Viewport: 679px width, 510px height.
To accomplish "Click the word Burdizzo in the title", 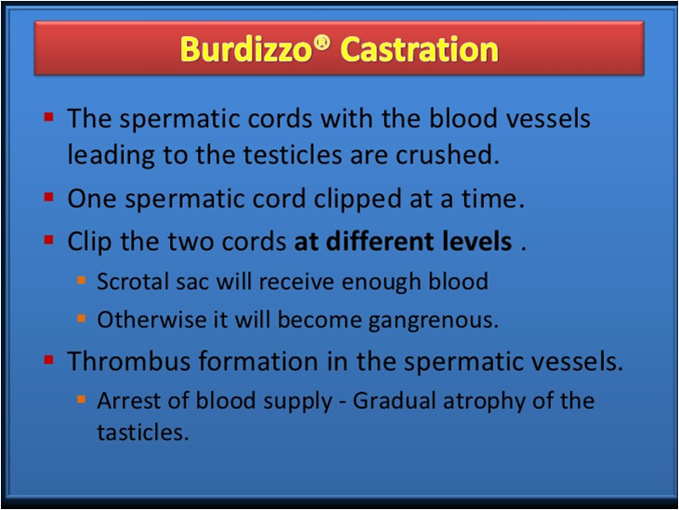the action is point(245,49).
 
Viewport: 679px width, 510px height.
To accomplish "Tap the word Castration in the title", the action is point(420,49).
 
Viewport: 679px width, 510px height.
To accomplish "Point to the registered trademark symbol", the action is point(321,43).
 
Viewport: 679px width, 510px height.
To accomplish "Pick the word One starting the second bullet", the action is point(92,199).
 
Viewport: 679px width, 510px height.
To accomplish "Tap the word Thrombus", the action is point(128,360).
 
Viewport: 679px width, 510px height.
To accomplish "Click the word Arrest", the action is point(128,400).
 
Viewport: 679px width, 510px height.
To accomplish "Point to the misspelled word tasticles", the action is point(143,432).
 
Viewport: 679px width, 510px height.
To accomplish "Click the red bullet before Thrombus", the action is point(48,360).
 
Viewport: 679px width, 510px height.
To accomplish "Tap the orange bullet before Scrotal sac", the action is point(82,281).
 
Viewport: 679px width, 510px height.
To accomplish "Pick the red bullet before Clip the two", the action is point(48,240).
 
